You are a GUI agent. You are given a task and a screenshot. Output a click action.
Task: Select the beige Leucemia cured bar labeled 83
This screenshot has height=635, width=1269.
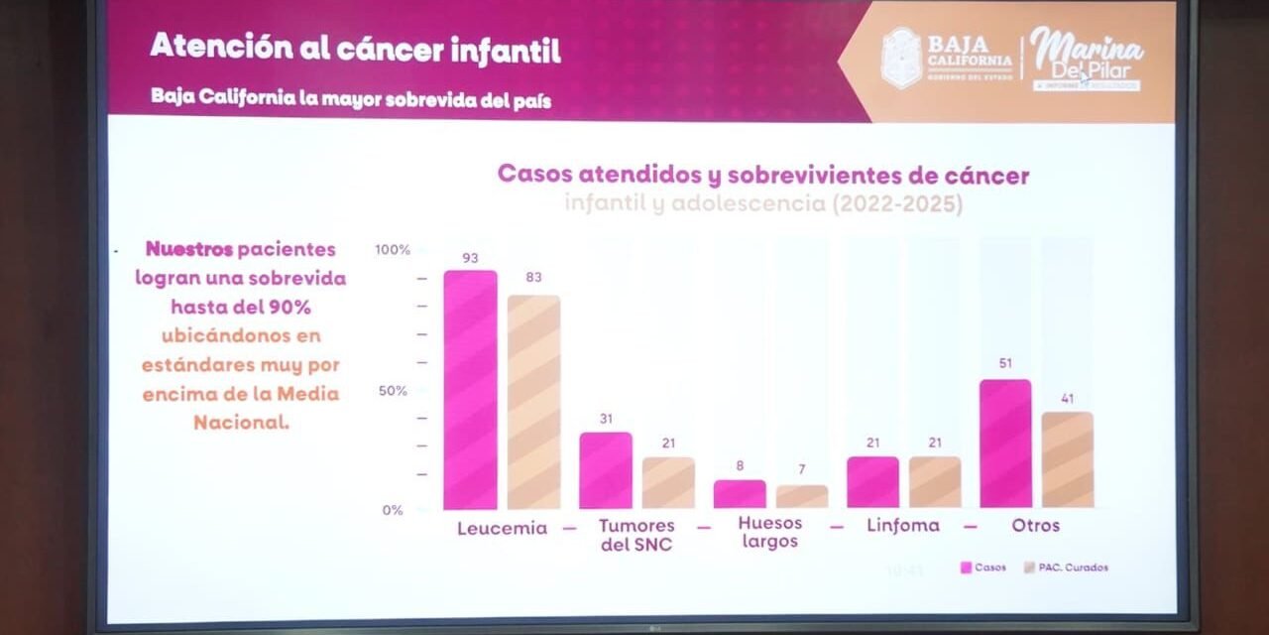[533, 402]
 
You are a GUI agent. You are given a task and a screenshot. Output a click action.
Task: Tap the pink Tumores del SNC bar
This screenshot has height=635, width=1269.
[606, 470]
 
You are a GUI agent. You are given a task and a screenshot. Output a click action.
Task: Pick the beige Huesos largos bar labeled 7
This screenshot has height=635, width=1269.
[801, 496]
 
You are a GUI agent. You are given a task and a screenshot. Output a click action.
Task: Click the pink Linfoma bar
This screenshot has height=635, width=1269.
[872, 482]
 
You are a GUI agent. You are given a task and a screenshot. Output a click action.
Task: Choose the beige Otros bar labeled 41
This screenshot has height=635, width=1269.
[1067, 459]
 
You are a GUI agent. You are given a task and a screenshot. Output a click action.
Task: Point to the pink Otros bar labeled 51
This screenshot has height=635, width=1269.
[1005, 444]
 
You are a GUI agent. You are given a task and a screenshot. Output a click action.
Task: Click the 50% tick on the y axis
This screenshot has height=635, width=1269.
[393, 391]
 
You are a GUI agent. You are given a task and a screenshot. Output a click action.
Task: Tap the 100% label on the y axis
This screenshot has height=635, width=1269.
[393, 250]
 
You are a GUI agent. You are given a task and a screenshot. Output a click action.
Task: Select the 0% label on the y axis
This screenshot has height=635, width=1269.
[393, 510]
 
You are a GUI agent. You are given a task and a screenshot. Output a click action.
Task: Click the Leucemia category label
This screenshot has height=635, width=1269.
[502, 529]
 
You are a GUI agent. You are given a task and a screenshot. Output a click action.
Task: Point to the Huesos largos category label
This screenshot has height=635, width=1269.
[770, 533]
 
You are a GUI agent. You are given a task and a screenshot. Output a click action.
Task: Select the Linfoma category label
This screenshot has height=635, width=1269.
[902, 526]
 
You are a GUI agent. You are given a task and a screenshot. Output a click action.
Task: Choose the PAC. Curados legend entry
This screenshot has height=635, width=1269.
[1067, 568]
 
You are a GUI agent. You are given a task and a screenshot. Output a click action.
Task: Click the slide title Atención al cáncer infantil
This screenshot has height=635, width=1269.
[355, 49]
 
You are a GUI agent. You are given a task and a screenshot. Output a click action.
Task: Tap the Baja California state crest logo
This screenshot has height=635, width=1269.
[901, 58]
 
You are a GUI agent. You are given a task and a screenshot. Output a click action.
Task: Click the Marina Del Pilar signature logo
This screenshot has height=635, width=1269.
[1086, 58]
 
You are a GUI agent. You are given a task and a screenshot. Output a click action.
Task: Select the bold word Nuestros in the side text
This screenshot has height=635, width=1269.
[189, 249]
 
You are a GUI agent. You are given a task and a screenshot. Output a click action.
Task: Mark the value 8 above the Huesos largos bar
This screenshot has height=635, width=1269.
[740, 465]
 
